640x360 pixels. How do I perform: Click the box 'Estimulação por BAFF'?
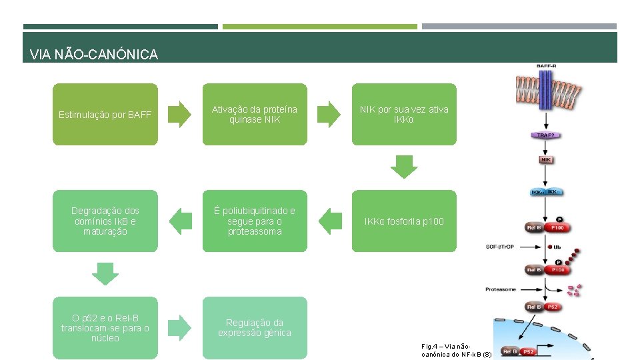tap(105, 114)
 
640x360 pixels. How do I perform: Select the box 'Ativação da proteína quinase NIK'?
tap(255, 114)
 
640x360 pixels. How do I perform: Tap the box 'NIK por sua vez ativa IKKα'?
tap(404, 114)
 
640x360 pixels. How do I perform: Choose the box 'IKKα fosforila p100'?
tap(404, 221)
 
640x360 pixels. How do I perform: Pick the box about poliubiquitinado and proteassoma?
tap(255, 221)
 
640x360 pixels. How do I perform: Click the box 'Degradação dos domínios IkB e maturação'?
tap(105, 221)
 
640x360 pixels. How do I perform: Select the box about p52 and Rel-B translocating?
tap(105, 327)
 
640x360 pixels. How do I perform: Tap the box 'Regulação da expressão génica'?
tap(255, 327)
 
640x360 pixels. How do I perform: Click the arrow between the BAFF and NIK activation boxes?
tap(179, 114)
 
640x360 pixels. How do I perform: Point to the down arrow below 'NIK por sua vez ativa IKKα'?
tap(404, 167)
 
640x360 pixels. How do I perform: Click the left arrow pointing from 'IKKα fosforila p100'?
tap(329, 221)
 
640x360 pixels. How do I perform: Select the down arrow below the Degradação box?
tap(105, 273)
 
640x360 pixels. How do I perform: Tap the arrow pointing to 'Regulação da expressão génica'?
tap(179, 327)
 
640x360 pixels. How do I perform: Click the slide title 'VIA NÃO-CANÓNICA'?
tap(94, 55)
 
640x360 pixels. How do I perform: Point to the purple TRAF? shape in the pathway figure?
tap(546, 135)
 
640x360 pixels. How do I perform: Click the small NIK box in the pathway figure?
tap(546, 160)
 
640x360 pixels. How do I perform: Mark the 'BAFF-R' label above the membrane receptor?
tap(547, 66)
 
